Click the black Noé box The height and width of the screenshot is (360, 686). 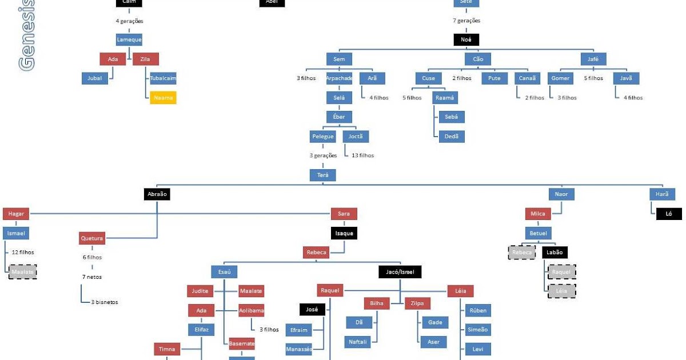tap(466, 39)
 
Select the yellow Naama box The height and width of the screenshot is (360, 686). tap(163, 98)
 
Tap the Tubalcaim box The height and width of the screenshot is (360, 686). tap(163, 78)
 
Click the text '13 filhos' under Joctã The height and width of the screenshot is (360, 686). tap(362, 155)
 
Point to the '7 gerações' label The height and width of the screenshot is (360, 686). tap(466, 21)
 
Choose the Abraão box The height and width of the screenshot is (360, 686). tap(157, 194)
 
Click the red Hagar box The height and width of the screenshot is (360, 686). tap(15, 214)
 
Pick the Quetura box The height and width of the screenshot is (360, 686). tap(92, 238)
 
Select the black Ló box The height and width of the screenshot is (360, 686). tap(668, 214)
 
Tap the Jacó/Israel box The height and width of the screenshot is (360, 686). tap(400, 272)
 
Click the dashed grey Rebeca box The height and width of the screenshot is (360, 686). tap(522, 253)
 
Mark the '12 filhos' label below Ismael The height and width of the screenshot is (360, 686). tap(23, 252)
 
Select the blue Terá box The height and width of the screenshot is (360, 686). tap(322, 175)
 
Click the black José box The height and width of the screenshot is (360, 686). tap(312, 310)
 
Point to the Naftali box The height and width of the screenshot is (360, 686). tap(359, 342)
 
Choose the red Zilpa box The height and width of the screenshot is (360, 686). tap(417, 303)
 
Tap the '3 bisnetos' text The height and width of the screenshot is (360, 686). tap(104, 302)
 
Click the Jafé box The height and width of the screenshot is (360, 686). tap(593, 59)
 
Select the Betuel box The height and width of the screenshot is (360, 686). tap(538, 233)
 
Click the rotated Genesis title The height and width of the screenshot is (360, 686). tap(26, 34)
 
